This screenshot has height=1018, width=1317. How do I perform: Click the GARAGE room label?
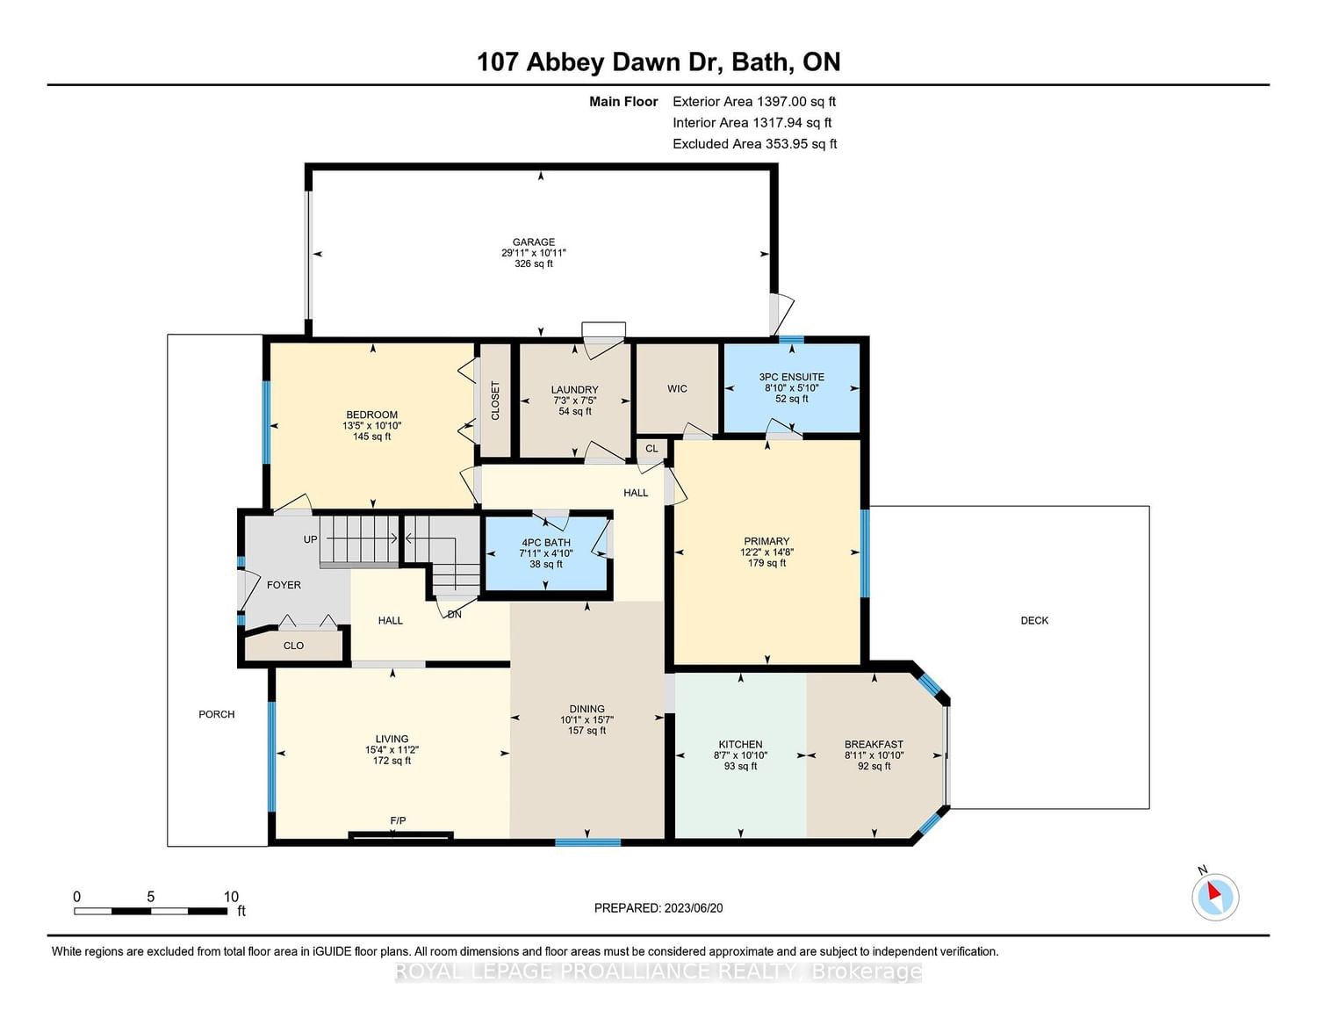click(533, 242)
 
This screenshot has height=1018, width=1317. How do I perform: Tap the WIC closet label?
click(677, 388)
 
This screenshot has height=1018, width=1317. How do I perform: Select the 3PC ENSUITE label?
click(792, 377)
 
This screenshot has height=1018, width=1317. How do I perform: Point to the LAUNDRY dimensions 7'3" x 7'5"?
click(574, 401)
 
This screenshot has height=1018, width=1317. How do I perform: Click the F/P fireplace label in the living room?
click(398, 820)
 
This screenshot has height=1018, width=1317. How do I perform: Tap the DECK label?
click(1034, 620)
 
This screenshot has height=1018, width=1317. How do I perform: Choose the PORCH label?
click(216, 714)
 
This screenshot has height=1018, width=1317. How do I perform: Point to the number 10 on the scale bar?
click(231, 897)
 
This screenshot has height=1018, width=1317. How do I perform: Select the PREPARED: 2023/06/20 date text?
click(658, 907)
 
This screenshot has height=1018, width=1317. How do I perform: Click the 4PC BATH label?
click(545, 543)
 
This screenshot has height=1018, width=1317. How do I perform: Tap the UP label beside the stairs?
click(310, 539)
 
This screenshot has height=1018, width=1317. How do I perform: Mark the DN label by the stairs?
click(455, 614)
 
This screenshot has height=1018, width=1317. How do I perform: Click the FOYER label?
click(284, 585)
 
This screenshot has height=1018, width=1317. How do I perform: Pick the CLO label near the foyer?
click(293, 646)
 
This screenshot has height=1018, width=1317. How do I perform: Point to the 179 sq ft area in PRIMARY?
click(766, 563)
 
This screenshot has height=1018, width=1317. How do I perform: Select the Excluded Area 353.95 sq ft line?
click(754, 144)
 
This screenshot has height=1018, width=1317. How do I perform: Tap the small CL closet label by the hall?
click(651, 449)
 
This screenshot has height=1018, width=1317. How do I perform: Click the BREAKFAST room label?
click(874, 744)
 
